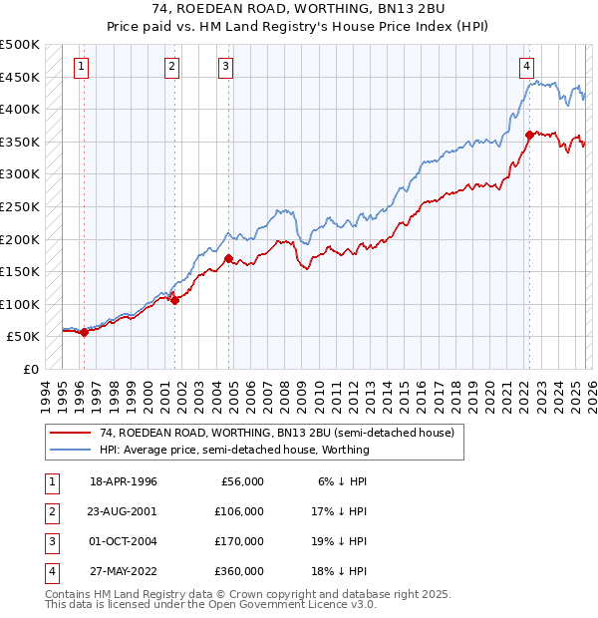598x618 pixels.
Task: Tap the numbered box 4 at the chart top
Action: [525, 67]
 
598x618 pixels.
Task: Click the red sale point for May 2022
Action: [528, 135]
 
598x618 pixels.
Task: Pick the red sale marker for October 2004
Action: [228, 259]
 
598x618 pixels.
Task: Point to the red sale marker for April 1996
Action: [84, 333]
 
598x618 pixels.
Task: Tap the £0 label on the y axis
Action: [30, 369]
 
